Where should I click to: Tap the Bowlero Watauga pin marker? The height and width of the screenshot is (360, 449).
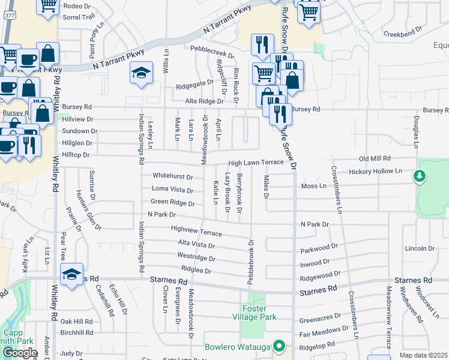coord(279,346)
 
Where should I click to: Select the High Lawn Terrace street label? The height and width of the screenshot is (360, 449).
coord(255,163)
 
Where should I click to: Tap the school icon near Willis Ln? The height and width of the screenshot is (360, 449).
coord(141,73)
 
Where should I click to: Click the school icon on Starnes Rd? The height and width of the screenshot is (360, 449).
coord(71,275)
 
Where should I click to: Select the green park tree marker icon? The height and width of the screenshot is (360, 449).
coord(420,176)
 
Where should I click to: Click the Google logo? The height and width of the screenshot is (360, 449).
coord(20,353)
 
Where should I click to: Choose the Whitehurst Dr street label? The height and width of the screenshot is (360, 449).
coord(173,177)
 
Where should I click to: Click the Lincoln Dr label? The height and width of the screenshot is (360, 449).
coord(420,248)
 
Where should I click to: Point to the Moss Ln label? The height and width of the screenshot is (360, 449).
coord(313,186)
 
